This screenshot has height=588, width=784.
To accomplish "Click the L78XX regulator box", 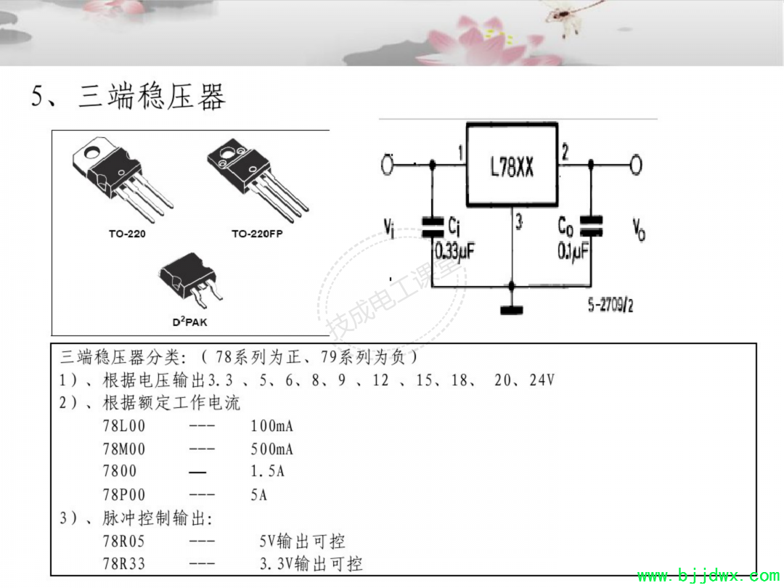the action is [x=512, y=165].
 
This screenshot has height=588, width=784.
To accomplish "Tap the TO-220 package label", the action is [x=127, y=234].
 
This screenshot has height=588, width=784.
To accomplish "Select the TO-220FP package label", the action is [x=257, y=234].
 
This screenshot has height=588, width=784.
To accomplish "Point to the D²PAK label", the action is [x=190, y=322].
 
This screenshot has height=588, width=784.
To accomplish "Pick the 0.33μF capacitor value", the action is [x=454, y=251].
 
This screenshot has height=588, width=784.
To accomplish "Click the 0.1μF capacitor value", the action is [x=573, y=251].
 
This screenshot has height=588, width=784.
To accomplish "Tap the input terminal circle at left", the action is [x=387, y=165].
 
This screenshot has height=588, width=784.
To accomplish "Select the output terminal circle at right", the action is [x=636, y=165].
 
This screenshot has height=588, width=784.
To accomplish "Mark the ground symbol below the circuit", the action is [x=512, y=310].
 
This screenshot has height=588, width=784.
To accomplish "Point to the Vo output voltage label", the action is [x=639, y=229].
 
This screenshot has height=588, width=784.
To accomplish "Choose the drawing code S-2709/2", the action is [x=611, y=304].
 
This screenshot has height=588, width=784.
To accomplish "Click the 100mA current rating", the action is [x=272, y=426].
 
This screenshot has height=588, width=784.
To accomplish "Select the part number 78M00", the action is [x=124, y=449].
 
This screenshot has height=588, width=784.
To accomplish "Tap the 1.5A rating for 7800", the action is [x=267, y=471].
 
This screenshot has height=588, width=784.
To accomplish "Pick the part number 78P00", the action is [x=124, y=494].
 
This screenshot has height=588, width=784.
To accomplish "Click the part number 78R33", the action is [x=124, y=563].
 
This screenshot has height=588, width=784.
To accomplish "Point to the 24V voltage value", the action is [x=542, y=380].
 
